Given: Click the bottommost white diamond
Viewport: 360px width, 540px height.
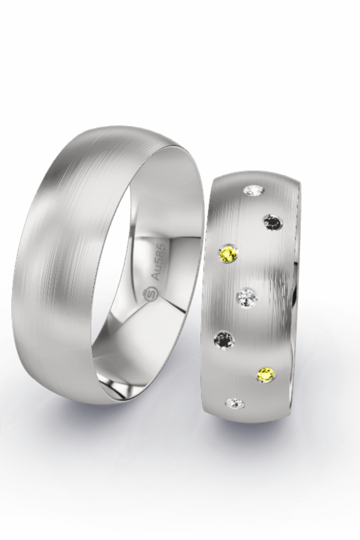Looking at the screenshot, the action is [x=236, y=403].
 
